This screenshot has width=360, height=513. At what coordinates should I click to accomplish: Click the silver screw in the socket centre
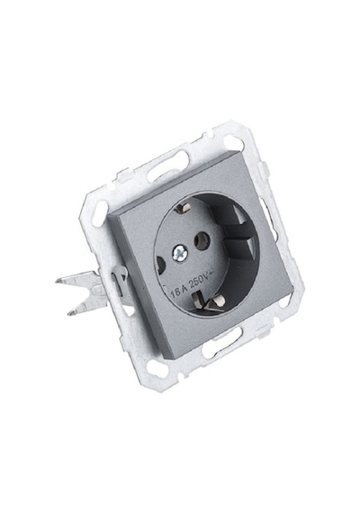tap(180, 252)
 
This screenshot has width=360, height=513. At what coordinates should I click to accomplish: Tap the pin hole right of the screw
tap(202, 242)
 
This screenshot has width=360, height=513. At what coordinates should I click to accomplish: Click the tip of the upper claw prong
tap(58, 281)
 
